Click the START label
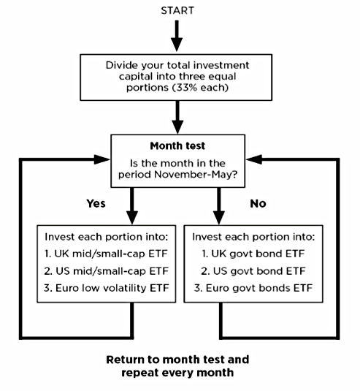coord(177,11)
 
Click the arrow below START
coord(177,36)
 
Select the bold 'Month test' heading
coord(177,146)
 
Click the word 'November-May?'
coord(196,175)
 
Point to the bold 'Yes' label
coord(96,203)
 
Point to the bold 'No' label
coord(258,204)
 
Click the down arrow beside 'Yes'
coord(132,205)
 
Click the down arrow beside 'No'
coord(219,205)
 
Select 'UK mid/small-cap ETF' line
coord(106,254)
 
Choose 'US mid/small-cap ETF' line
coord(107,271)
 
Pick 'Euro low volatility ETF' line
coord(107,288)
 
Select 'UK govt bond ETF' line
coord(253,254)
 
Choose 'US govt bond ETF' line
coord(253,271)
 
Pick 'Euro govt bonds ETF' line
coord(253,288)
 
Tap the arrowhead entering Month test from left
coord(102,159)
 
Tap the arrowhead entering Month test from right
coord(254,159)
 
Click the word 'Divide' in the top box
coord(122,65)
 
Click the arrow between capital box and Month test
coord(177,117)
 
